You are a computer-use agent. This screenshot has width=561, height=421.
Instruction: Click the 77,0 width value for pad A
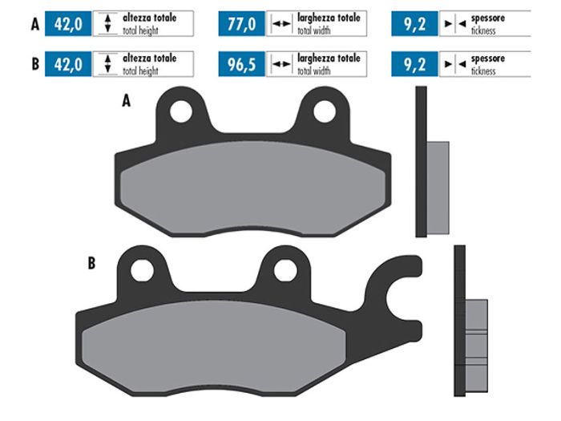point(240,24)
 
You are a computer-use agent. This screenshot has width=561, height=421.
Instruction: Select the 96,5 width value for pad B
point(240,64)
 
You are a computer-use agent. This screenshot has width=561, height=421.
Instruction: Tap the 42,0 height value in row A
point(69,24)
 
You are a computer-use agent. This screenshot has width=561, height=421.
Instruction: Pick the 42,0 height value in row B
point(69,64)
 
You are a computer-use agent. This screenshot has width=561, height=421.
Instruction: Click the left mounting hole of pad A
point(183,112)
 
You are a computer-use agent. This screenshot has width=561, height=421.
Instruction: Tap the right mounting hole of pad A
point(324,112)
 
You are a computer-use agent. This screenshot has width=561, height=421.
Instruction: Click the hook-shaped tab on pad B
point(401,289)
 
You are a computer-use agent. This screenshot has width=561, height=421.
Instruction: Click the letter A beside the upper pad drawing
point(126,102)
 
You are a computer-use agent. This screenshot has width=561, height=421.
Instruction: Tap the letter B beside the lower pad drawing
point(91,261)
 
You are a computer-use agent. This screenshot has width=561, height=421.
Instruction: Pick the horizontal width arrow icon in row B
point(280,64)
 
